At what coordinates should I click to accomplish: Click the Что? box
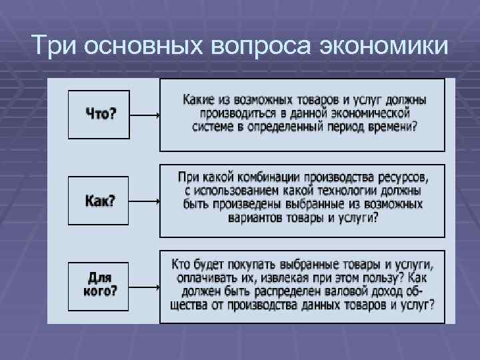pos(99,114)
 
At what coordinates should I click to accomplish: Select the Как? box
pos(99,200)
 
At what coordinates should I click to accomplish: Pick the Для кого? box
pos(99,284)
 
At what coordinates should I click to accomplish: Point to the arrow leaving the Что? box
pos(145,115)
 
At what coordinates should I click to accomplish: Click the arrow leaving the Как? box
pos(145,201)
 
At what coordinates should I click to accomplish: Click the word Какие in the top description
pos(199,100)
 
